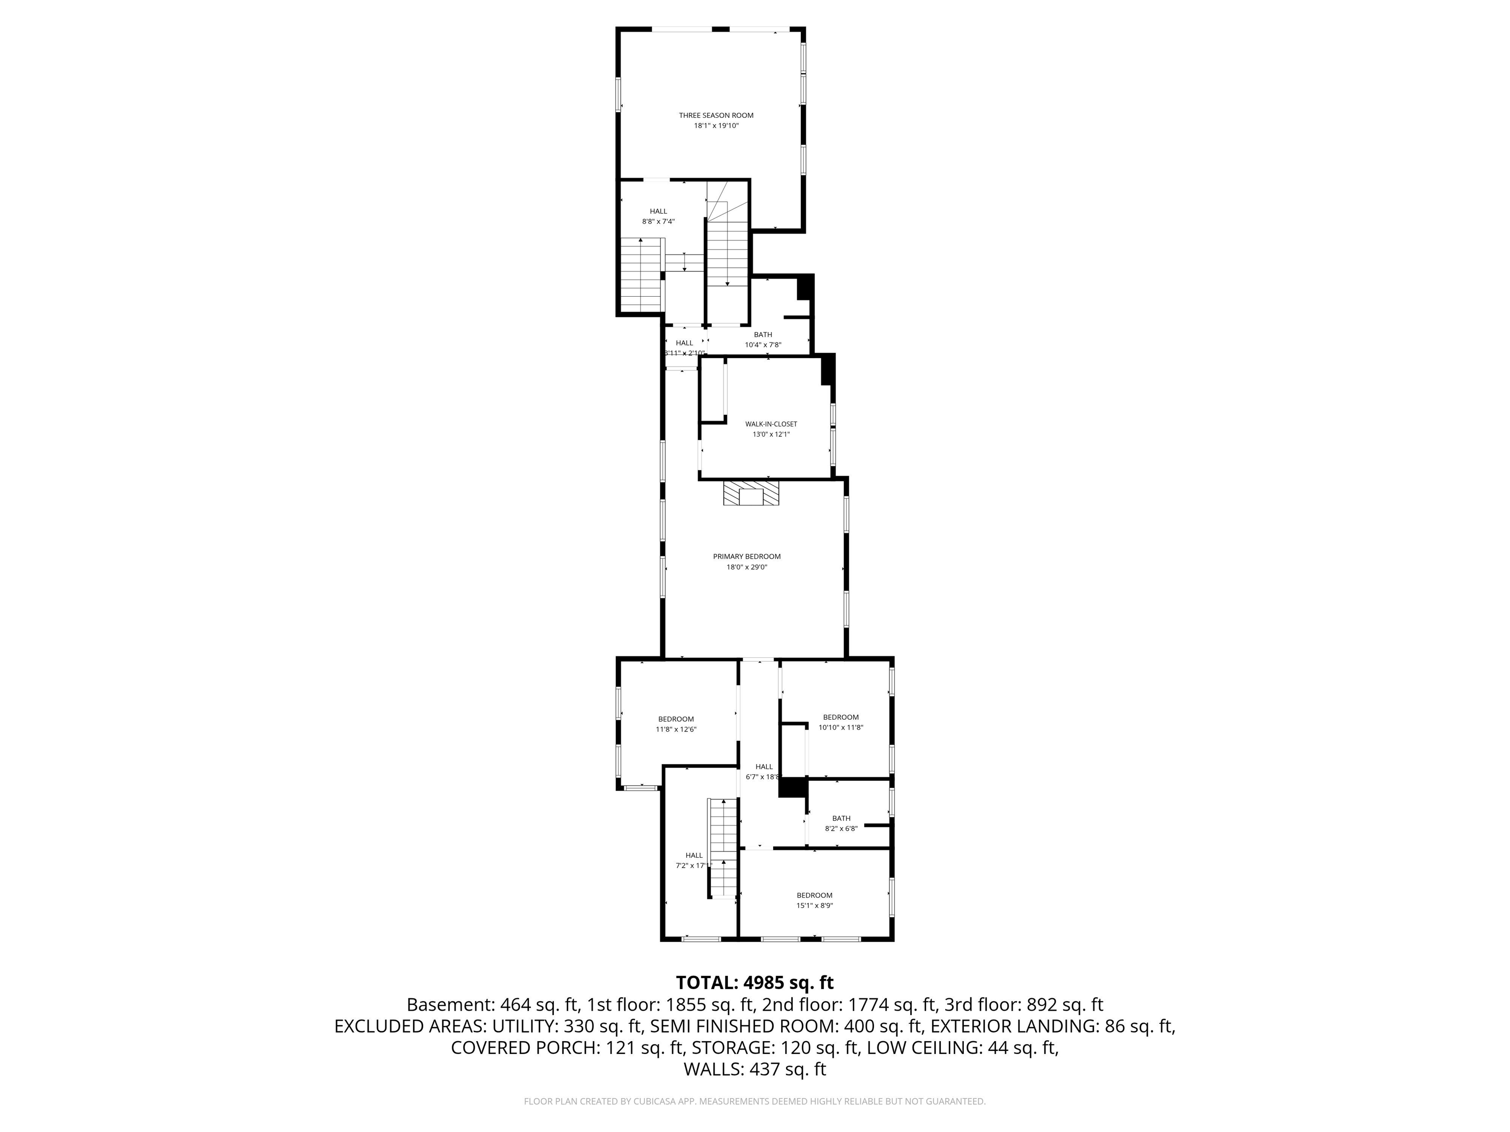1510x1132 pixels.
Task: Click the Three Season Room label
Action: [716, 115]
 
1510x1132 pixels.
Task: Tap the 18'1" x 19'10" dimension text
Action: [716, 126]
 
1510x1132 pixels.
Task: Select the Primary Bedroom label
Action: [747, 556]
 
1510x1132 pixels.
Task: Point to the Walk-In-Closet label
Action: [771, 424]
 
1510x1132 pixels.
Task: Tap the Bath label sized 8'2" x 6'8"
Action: [841, 818]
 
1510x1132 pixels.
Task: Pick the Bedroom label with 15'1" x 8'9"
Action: [814, 895]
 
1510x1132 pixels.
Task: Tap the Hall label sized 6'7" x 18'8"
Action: [764, 766]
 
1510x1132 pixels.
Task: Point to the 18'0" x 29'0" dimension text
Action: [747, 566]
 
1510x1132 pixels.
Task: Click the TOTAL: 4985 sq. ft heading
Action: [755, 983]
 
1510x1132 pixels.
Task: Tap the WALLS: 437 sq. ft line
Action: [755, 1069]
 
